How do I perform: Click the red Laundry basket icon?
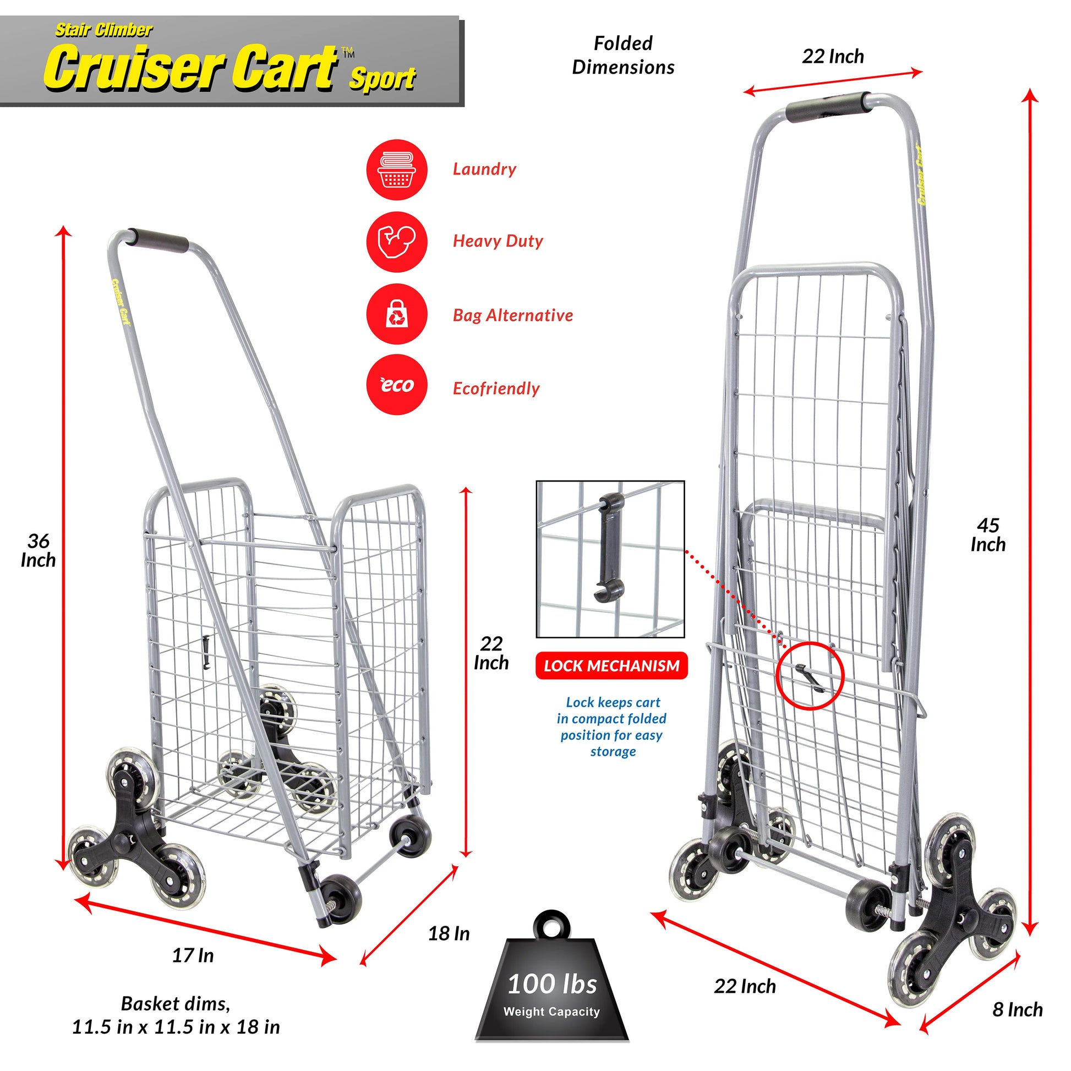[x=396, y=170]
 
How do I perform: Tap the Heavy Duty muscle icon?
[x=396, y=242]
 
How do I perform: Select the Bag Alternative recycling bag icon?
[x=396, y=314]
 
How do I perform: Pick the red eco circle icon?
[x=396, y=385]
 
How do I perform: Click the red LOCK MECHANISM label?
[x=611, y=666]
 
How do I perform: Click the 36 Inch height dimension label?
[x=39, y=550]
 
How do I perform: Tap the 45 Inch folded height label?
[x=988, y=535]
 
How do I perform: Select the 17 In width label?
[x=193, y=955]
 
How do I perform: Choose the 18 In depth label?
[x=449, y=933]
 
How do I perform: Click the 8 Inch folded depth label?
[x=1017, y=1009]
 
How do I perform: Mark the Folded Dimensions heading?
[x=623, y=56]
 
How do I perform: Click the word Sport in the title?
[x=382, y=79]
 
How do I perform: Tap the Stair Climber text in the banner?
[x=103, y=30]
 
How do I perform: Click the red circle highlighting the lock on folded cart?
[x=810, y=676]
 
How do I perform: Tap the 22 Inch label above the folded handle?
[x=833, y=57]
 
